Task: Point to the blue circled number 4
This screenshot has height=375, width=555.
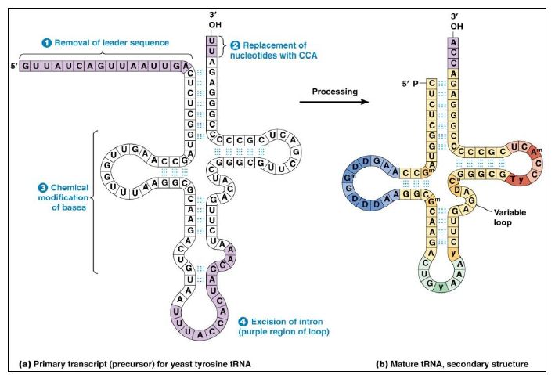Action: (x=243, y=321)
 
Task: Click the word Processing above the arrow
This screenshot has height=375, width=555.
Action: (x=334, y=92)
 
